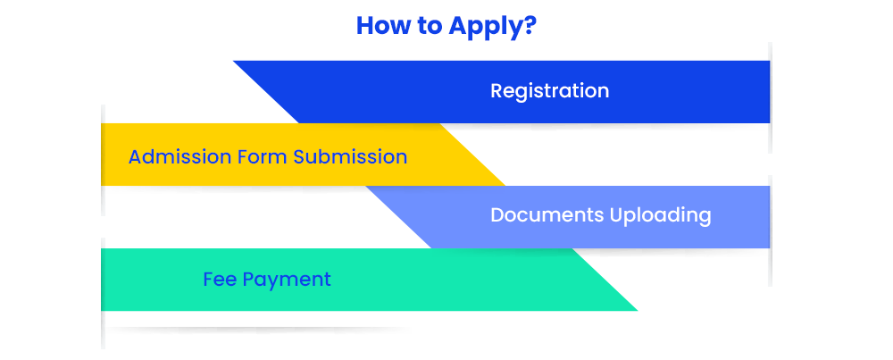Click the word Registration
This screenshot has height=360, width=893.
[x=549, y=91]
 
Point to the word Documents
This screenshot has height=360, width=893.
[x=547, y=215]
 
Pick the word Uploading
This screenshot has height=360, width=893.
[x=661, y=216]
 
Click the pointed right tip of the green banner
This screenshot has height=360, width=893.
[x=638, y=311]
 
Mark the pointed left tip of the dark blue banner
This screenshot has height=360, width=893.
[x=233, y=61]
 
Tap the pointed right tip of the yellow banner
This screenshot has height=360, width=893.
[x=505, y=185]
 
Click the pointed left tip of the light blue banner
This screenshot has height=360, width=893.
[x=366, y=187]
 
